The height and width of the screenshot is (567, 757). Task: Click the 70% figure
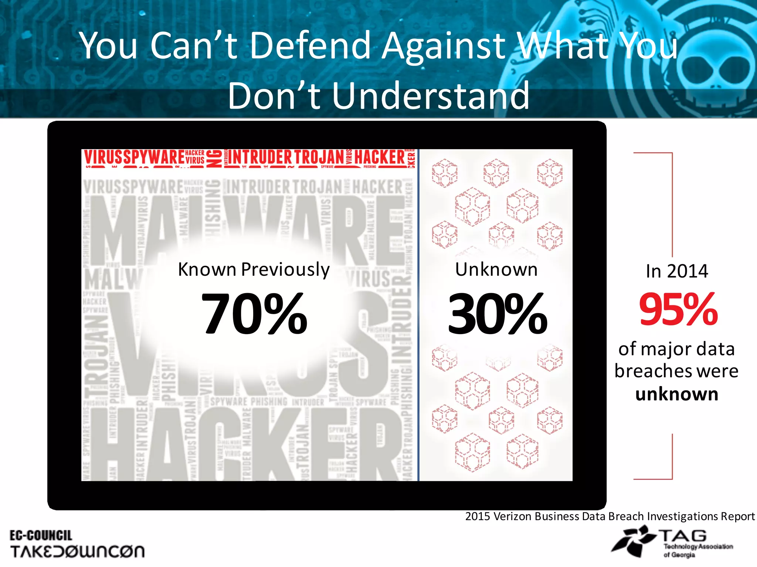pos(254,313)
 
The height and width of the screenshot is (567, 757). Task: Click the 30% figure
pos(497,313)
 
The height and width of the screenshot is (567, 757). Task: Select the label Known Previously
pos(254,269)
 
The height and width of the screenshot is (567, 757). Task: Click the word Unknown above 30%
pos(496,269)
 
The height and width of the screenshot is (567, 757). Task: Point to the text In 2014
pos(677,271)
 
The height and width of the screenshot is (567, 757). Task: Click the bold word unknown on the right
pos(677,394)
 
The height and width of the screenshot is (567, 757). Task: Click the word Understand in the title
pos(431,96)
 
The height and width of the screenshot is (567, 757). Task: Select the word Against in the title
pos(444,46)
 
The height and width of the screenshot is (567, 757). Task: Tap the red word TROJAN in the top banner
pos(319,158)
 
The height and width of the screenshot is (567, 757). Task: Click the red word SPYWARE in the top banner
pos(154,158)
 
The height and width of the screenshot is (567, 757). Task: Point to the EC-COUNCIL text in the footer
pos(41,535)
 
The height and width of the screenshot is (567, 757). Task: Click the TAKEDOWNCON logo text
pos(77,551)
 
